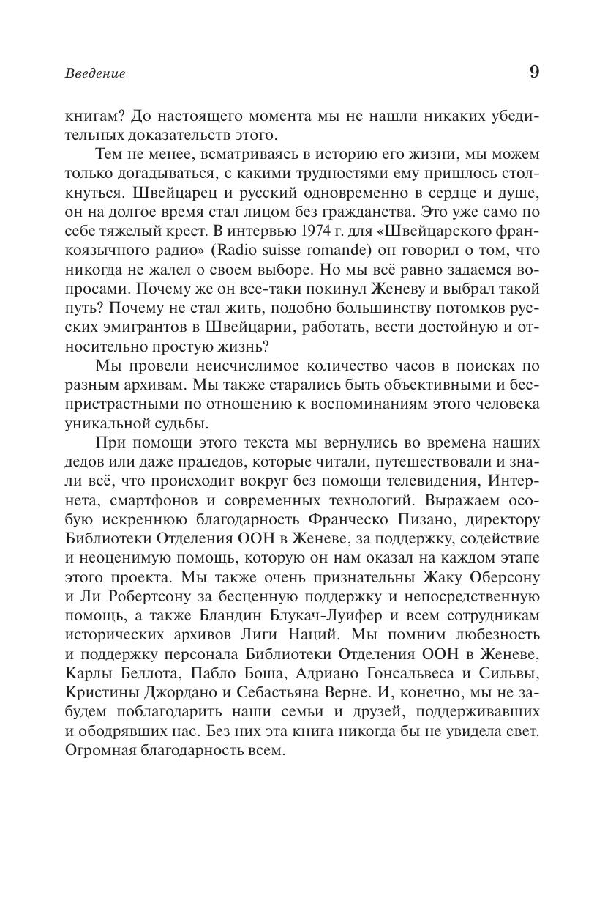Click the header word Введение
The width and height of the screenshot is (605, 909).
95,73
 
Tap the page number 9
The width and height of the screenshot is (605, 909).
533,72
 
